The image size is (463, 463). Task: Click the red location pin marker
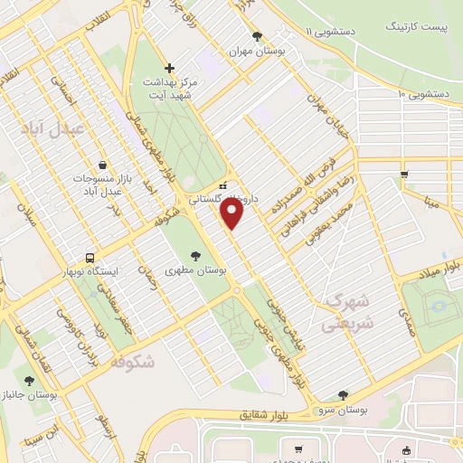pyautogui.click(x=232, y=214)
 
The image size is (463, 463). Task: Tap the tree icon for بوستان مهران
pyautogui.click(x=259, y=37)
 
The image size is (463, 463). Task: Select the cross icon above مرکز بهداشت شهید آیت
pyautogui.click(x=169, y=68)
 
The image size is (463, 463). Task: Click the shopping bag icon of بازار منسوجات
pyautogui.click(x=102, y=165)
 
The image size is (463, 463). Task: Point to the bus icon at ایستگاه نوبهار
pyautogui.click(x=90, y=256)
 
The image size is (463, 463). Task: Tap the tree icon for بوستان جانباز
pyautogui.click(x=29, y=381)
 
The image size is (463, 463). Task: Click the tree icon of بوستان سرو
pyautogui.click(x=342, y=394)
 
